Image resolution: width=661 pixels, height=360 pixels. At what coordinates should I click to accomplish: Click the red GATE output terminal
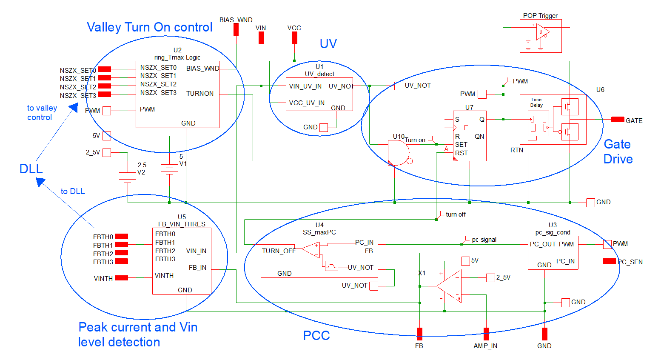pyautogui.click(x=618, y=120)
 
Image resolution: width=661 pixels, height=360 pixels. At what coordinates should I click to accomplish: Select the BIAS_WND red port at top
pyautogui.click(x=236, y=30)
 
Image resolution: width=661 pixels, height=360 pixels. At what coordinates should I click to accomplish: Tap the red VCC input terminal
pyautogui.click(x=294, y=38)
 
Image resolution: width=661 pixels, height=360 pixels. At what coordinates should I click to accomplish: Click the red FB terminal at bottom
pyautogui.click(x=419, y=334)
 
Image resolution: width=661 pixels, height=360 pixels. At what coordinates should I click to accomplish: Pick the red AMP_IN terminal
pyautogui.click(x=486, y=334)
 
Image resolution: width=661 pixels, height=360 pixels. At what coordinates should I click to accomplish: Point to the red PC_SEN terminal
pyautogui.click(x=609, y=261)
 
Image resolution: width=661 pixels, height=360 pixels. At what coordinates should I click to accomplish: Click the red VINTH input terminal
pyautogui.click(x=121, y=278)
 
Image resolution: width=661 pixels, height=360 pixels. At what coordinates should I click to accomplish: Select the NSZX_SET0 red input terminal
pyautogui.click(x=105, y=69)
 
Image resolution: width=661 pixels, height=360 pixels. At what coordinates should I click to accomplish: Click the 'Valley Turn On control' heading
pyautogui.click(x=149, y=27)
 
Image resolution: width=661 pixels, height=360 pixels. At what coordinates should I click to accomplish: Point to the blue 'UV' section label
pyautogui.click(x=328, y=43)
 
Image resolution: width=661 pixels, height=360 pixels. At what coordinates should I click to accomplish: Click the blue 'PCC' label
pyautogui.click(x=316, y=335)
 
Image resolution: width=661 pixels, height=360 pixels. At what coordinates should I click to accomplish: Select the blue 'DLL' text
pyautogui.click(x=31, y=169)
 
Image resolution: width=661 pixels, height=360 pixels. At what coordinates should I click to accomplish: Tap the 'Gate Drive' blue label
pyautogui.click(x=618, y=151)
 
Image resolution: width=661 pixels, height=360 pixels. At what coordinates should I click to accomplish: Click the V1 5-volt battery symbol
pyautogui.click(x=169, y=169)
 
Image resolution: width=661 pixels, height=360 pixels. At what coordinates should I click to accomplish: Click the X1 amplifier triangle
pyautogui.click(x=450, y=286)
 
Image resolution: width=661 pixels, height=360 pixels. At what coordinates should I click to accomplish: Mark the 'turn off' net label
pyautogui.click(x=455, y=214)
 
